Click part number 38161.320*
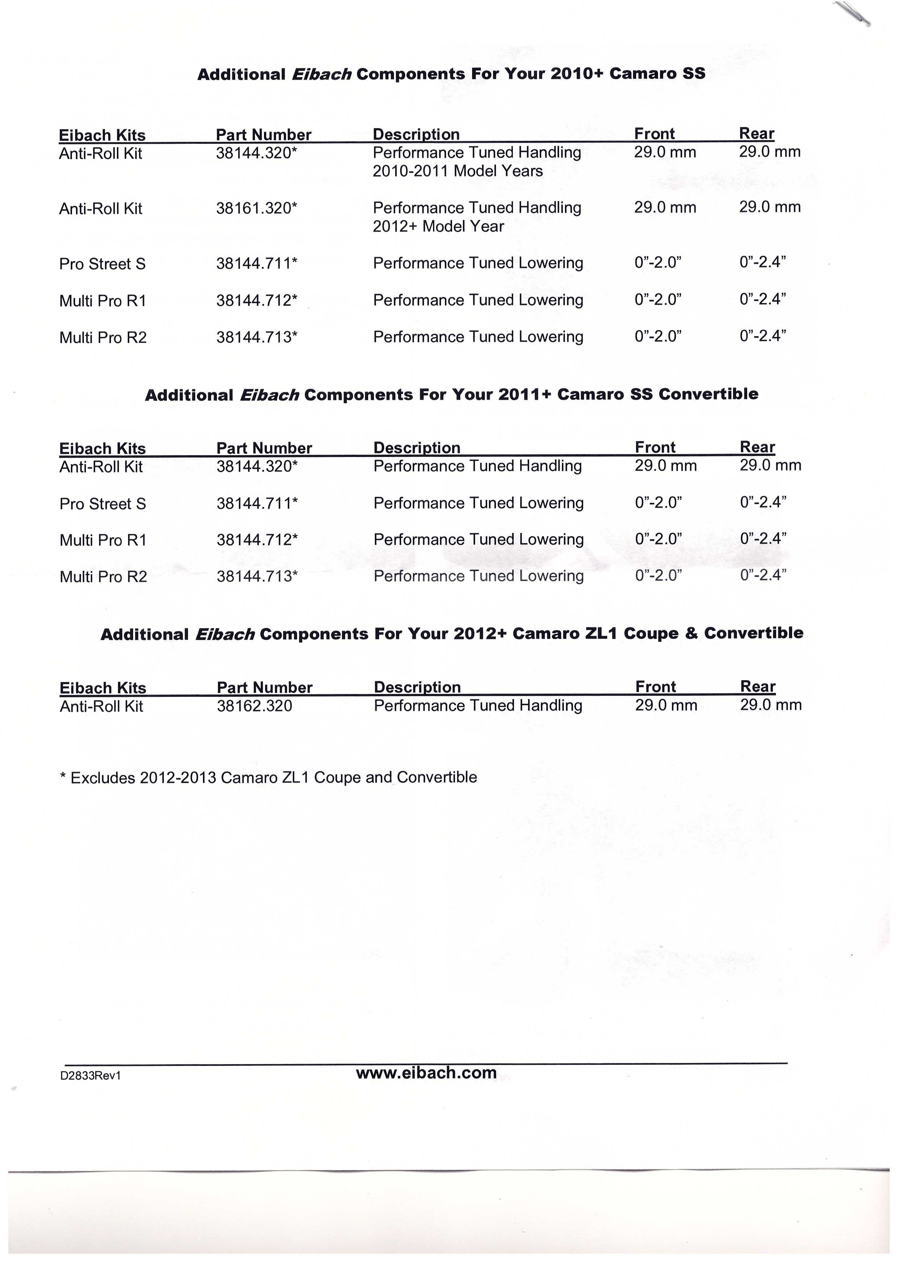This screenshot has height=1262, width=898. click(257, 208)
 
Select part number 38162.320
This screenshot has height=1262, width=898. click(254, 706)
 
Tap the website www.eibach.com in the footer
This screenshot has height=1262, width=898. click(426, 1073)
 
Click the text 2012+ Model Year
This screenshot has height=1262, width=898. click(438, 226)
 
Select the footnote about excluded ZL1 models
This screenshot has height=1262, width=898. click(268, 778)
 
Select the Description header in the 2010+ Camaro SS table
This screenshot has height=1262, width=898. click(416, 134)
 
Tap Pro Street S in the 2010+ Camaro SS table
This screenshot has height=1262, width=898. click(102, 264)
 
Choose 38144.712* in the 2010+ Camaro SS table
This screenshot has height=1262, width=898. click(257, 300)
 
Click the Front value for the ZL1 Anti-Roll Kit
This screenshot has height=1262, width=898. click(666, 705)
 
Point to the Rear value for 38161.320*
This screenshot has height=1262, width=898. click(770, 207)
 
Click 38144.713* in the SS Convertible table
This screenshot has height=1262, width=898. click(257, 577)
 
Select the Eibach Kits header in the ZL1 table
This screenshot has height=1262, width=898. click(103, 688)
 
